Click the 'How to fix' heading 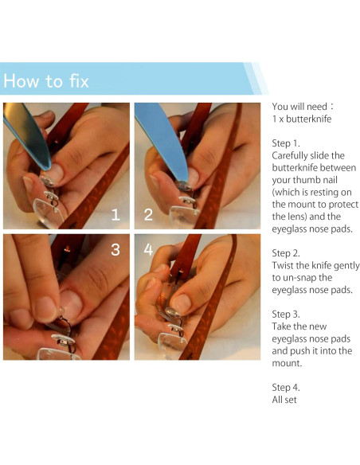pyautogui.click(x=46, y=80)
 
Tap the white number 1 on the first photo pyautogui.click(x=115, y=214)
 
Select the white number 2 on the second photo pyautogui.click(x=148, y=214)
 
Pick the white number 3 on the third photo pyautogui.click(x=115, y=250)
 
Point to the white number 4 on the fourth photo pyautogui.click(x=148, y=250)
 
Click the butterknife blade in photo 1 pyautogui.click(x=27, y=135)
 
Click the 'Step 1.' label pyautogui.click(x=286, y=143)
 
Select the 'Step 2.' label pyautogui.click(x=286, y=253)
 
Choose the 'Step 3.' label pyautogui.click(x=286, y=314)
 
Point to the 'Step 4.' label pyautogui.click(x=286, y=387)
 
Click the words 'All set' pyautogui.click(x=284, y=400)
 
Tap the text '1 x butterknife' pyautogui.click(x=302, y=119)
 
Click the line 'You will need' pyautogui.click(x=299, y=107)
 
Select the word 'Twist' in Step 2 pyautogui.click(x=283, y=265)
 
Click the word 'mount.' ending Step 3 pyautogui.click(x=287, y=363)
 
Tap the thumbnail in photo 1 pyautogui.click(x=54, y=173)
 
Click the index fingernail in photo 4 pyautogui.click(x=181, y=303)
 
